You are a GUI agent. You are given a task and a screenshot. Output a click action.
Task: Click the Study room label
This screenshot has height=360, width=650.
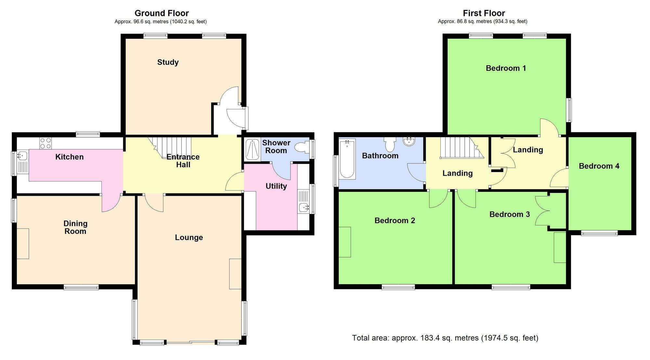click(168, 62)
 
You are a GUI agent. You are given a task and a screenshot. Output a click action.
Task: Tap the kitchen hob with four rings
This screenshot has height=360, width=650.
click(45, 143)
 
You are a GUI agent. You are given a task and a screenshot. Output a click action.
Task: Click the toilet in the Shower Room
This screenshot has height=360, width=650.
click(302, 148)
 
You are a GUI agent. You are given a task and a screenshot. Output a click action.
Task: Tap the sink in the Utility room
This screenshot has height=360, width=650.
click(304, 207)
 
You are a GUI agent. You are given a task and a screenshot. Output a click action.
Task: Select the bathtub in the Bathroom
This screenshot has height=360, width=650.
click(347, 159)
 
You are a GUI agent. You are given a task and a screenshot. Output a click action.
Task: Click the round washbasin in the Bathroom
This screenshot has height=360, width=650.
click(409, 141)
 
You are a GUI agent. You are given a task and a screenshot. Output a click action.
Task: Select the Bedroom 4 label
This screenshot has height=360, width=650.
click(599, 166)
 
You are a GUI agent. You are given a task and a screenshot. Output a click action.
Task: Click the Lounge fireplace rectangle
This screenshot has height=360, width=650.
click(235, 273)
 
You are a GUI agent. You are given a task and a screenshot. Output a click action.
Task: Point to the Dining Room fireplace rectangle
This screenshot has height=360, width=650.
click(23, 244)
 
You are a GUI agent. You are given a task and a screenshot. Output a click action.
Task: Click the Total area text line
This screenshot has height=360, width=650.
click(445, 338)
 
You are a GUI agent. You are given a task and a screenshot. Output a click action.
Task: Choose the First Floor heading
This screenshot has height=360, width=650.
click(484, 13)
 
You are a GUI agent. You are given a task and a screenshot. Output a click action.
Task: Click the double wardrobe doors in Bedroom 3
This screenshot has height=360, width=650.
click(543, 211)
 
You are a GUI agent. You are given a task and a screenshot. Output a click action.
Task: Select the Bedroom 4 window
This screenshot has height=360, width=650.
click(599, 233)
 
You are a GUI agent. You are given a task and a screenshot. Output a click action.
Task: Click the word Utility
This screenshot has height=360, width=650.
click(276, 186)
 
